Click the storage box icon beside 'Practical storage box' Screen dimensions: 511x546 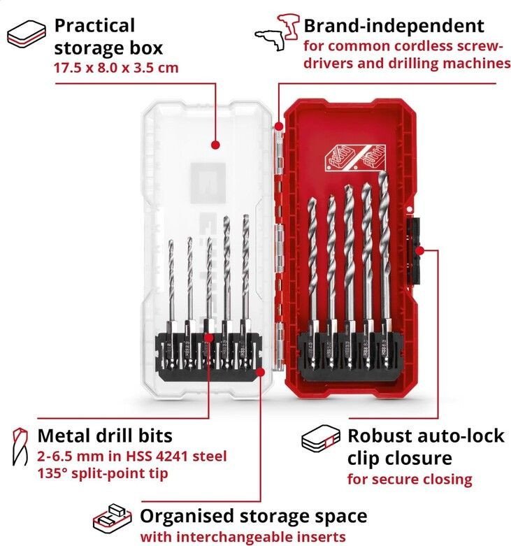(x=26, y=34)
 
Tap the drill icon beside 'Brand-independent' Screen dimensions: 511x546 (x=277, y=32)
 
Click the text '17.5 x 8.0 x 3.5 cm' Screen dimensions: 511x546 (x=116, y=68)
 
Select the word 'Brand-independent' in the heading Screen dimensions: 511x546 (x=394, y=25)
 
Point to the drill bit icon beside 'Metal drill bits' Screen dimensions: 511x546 (x=20, y=447)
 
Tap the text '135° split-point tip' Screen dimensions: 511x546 (x=103, y=473)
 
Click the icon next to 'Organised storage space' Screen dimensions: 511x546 (x=112, y=519)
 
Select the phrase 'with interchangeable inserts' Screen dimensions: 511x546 (x=243, y=537)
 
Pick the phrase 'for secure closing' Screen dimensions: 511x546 (x=410, y=479)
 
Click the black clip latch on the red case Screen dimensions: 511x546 (x=413, y=251)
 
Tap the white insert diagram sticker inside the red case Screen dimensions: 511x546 (x=355, y=158)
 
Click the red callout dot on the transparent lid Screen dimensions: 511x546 (x=216, y=145)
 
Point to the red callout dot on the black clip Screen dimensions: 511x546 (x=420, y=250)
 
